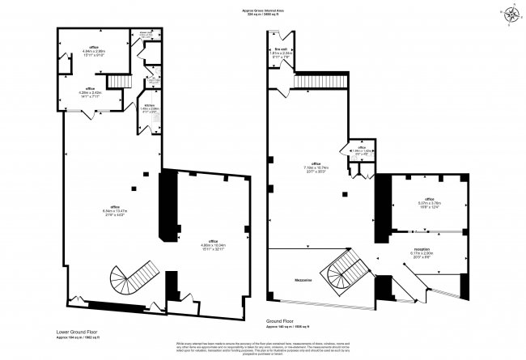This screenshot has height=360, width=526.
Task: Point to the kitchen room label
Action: [x=150, y=108]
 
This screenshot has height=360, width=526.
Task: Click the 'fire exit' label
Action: [x=282, y=51]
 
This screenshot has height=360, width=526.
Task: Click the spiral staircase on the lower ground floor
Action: [x=134, y=279]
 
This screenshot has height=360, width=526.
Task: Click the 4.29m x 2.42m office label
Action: [x=91, y=91]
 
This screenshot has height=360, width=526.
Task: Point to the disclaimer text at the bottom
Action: [x=263, y=346]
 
